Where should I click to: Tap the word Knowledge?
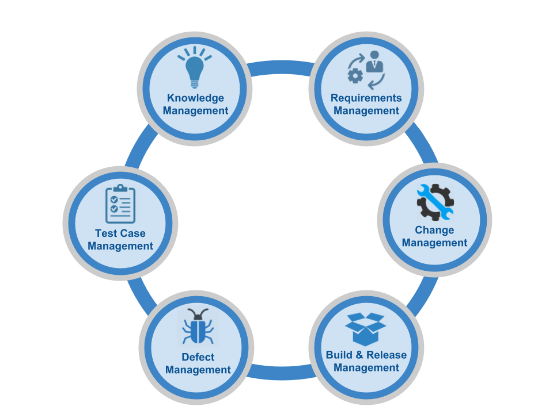[x=195, y=98]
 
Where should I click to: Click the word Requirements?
[x=366, y=98]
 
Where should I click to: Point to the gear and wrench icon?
[x=435, y=202]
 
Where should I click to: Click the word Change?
[x=434, y=230]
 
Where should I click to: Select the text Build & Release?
[x=366, y=355]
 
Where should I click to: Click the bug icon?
[x=198, y=327]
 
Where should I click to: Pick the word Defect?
[x=198, y=357]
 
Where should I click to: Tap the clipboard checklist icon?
[x=120, y=205]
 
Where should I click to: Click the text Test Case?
[x=120, y=233]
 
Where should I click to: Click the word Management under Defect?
[x=198, y=370]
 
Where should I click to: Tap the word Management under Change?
[x=434, y=243]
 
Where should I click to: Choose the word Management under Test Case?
[x=120, y=246]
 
